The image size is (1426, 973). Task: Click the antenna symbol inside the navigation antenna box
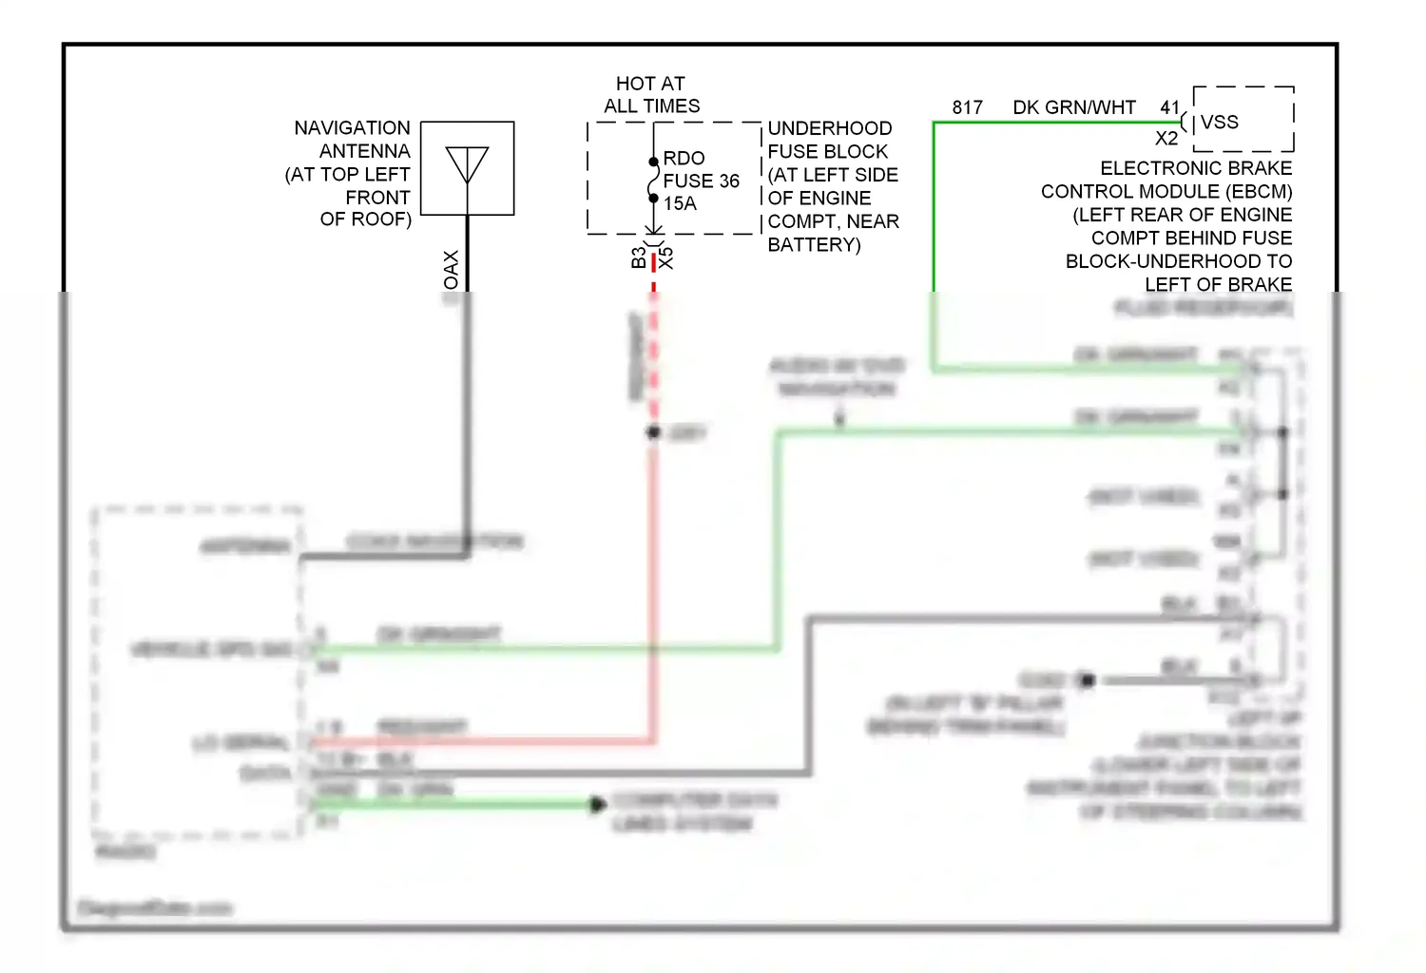[467, 167]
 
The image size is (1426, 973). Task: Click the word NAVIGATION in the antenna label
[352, 128]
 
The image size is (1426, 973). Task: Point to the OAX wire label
[452, 270]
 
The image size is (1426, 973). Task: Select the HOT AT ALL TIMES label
[651, 95]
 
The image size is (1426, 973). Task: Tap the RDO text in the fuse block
[684, 158]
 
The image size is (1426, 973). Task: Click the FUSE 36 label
[701, 181]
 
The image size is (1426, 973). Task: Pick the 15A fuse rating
[680, 203]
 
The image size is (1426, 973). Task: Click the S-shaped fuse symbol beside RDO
[653, 180]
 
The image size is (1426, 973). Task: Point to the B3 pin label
[638, 258]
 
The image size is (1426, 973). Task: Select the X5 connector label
[666, 258]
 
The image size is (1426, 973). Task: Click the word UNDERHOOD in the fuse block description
[829, 128]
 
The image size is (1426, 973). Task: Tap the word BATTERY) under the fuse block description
[814, 244]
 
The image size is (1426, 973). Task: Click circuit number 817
[967, 107]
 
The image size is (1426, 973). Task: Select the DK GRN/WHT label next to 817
[1074, 107]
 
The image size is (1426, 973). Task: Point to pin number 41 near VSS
[1169, 107]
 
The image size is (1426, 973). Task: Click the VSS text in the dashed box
[1219, 122]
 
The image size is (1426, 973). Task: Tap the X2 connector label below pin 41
[1166, 139]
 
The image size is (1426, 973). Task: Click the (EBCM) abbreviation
[1259, 191]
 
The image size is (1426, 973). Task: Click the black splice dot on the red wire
[653, 432]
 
